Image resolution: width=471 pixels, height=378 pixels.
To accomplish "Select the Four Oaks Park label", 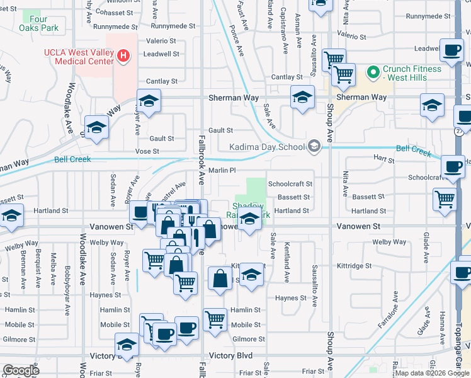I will click(x=38, y=24).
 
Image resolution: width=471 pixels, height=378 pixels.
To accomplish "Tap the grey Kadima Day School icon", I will click(x=314, y=147).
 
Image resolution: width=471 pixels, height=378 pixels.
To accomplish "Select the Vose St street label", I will click(x=147, y=151).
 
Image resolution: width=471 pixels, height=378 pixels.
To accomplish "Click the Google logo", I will click(x=21, y=370).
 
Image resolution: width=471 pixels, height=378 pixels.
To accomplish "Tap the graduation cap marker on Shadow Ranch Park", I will click(x=250, y=220).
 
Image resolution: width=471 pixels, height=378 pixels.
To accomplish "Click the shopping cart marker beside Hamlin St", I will click(x=215, y=319).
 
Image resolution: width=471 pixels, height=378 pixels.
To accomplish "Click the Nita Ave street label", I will click(x=345, y=182).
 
